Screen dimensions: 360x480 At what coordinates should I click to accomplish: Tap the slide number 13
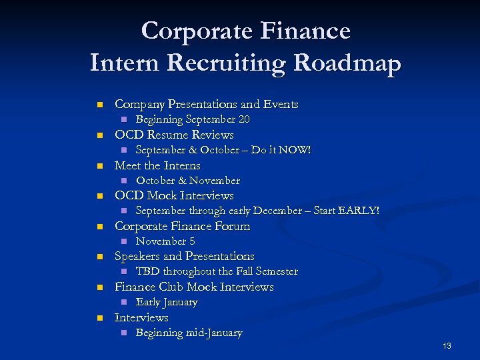447,346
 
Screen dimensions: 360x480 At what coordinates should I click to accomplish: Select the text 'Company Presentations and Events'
207,105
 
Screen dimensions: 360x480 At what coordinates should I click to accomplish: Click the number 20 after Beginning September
243,120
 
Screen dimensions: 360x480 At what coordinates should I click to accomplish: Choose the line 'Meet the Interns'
157,165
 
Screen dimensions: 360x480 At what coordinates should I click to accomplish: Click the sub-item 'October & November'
188,181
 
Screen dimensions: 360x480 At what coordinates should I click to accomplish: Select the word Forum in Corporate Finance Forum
233,226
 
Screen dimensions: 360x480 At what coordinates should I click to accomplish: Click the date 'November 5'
165,241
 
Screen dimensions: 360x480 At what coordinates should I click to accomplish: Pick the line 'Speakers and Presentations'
185,257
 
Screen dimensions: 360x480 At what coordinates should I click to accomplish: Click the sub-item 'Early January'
167,302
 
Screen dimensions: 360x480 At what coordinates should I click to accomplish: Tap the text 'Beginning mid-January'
189,333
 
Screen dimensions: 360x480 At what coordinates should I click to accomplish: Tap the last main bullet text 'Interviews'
141,318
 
